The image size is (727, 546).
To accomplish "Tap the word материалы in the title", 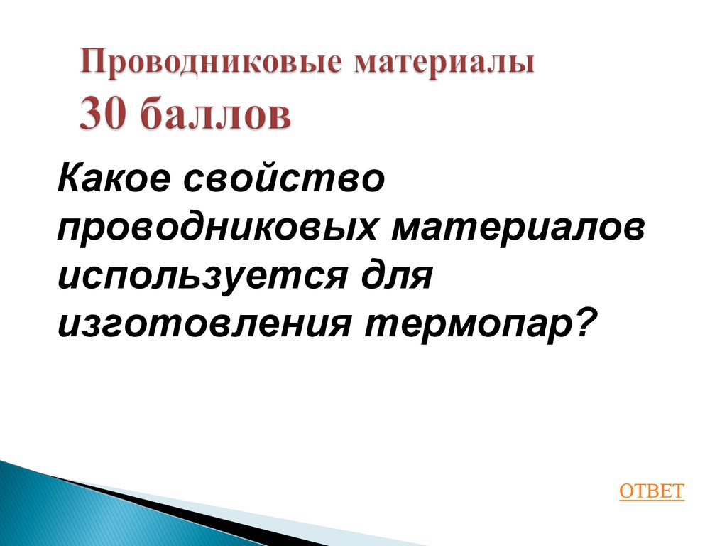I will click(x=445, y=65).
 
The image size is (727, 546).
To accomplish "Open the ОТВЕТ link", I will click(x=652, y=491).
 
